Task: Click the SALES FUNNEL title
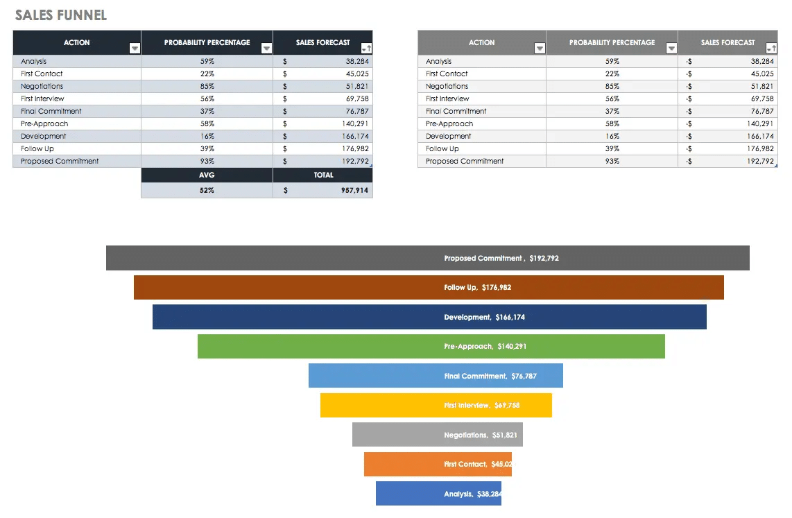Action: coord(61,15)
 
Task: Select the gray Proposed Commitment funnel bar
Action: coord(427,258)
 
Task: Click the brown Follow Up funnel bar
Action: coord(429,287)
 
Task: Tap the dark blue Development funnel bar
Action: coord(429,317)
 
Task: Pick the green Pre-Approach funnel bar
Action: coord(431,346)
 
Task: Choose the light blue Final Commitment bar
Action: coord(436,376)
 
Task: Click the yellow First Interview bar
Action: coord(436,405)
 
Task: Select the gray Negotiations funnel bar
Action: coord(437,435)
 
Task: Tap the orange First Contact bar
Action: coord(438,464)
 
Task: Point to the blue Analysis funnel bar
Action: coord(438,494)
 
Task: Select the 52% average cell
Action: coord(207,190)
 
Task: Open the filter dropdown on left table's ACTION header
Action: coord(135,49)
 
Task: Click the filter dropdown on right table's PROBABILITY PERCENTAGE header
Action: coord(671,49)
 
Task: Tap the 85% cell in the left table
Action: coord(207,86)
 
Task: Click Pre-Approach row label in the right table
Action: coord(449,123)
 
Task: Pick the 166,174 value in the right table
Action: coord(760,136)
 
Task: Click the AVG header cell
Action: coord(207,175)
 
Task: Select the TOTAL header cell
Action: coord(323,175)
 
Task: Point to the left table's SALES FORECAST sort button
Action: coord(366,49)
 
